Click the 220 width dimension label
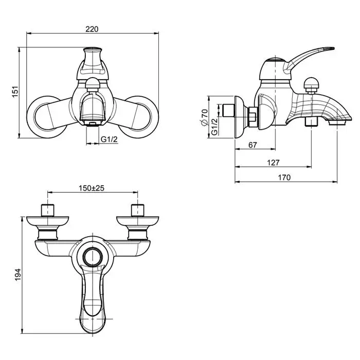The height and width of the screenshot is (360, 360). [x=92, y=29]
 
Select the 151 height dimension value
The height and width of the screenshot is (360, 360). [x=15, y=92]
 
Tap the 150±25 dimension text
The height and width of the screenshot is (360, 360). [x=92, y=188]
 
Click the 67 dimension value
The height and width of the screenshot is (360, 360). [x=253, y=146]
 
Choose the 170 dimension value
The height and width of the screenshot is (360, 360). [x=285, y=177]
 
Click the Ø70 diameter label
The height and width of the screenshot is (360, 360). [x=204, y=117]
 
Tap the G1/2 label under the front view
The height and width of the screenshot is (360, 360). [x=109, y=139]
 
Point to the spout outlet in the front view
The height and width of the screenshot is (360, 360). [x=93, y=123]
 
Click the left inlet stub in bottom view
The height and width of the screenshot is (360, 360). [x=47, y=210]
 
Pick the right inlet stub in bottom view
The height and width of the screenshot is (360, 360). [x=137, y=210]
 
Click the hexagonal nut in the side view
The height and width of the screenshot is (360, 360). [x=253, y=116]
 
